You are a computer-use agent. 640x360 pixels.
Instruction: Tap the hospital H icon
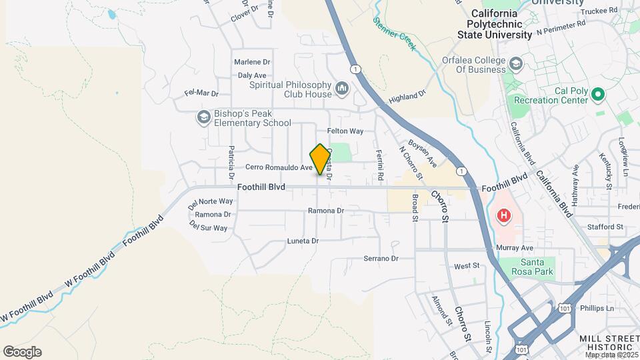[504, 216]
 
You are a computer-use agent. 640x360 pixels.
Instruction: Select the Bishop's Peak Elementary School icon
[203, 117]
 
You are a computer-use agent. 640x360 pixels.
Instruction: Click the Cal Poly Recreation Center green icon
[597, 95]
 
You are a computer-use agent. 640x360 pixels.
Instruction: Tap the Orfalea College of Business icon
[515, 64]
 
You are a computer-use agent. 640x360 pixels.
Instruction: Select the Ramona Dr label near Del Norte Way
[213, 215]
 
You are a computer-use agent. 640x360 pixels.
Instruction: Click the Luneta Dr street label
[303, 241]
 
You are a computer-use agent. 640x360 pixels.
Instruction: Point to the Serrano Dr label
[381, 258]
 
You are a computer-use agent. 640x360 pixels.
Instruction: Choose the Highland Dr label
[407, 97]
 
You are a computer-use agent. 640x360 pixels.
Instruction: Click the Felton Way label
[345, 131]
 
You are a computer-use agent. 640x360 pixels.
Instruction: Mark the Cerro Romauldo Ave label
[279, 167]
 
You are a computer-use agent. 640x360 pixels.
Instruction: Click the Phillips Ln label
[597, 308]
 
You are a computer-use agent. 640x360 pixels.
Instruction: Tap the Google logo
[22, 352]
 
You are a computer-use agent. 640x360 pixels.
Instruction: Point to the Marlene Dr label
[252, 62]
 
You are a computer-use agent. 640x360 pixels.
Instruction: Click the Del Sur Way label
[209, 227]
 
